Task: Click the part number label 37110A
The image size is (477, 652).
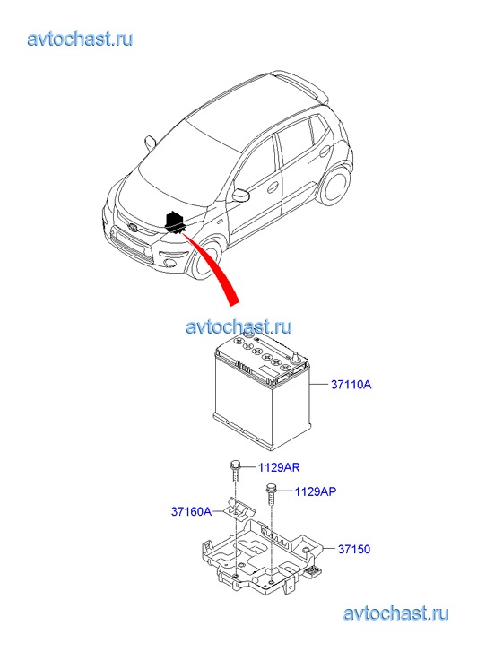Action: (x=351, y=385)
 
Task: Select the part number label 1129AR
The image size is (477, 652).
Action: (x=279, y=467)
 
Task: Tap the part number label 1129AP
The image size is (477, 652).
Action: (x=316, y=491)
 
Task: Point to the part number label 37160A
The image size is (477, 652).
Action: (x=191, y=511)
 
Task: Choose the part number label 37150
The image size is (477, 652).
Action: (x=354, y=549)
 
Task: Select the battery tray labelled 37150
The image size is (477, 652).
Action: (x=262, y=557)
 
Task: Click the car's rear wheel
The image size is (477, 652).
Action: (x=336, y=187)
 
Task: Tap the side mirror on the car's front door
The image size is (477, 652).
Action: (x=241, y=195)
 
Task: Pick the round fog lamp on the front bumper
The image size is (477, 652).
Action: (x=169, y=263)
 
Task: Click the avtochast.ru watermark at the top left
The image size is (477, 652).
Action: (x=80, y=39)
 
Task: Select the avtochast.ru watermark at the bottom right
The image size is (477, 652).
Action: (x=395, y=613)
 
